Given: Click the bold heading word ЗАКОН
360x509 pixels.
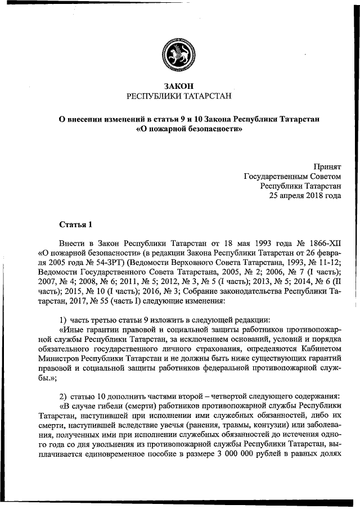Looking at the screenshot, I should click(179, 86).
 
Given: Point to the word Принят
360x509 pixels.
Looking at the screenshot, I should click(327, 166).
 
